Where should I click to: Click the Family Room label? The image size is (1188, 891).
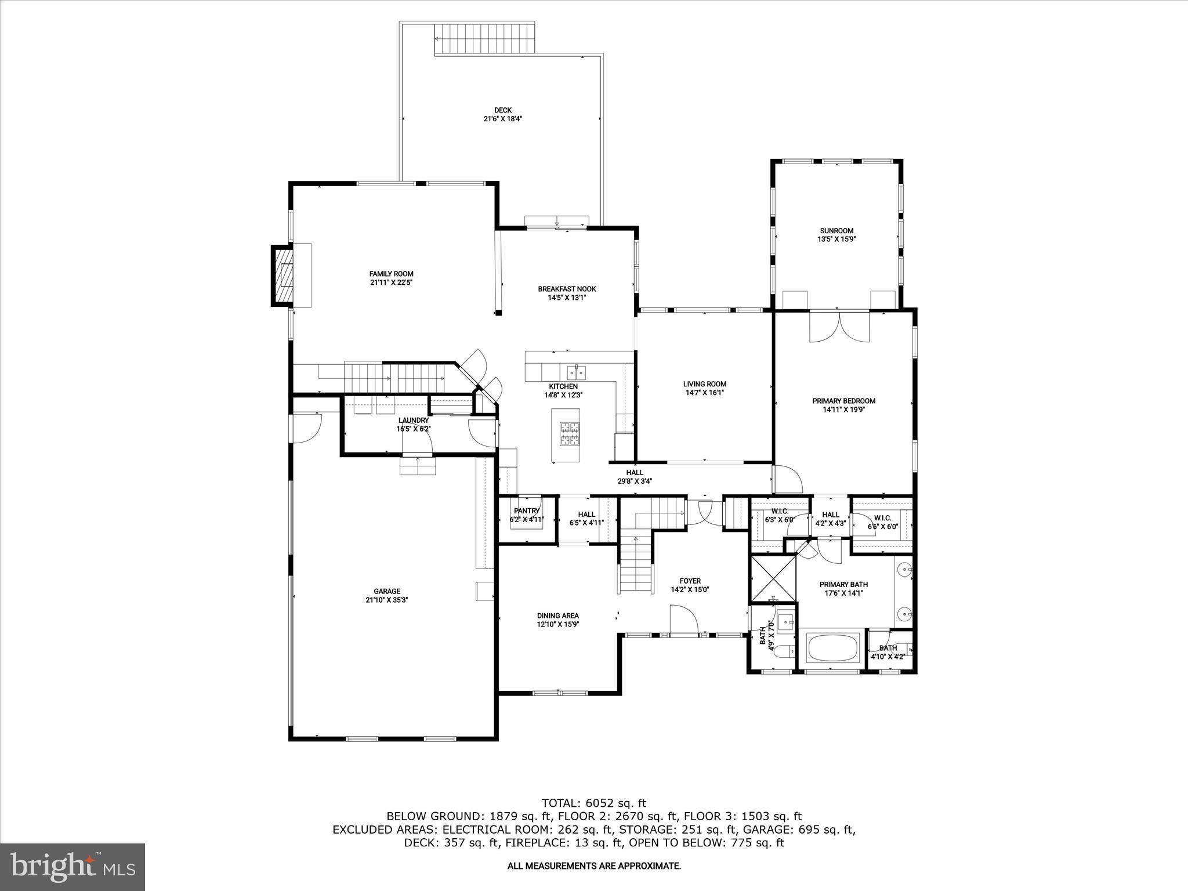[391, 274]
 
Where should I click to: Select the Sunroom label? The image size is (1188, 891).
[836, 230]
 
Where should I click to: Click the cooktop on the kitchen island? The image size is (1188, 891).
[569, 434]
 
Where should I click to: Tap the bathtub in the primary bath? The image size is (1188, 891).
[832, 648]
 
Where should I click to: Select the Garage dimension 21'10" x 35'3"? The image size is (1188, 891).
[387, 600]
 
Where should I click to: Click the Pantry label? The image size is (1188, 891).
[526, 510]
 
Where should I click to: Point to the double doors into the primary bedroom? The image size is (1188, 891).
[839, 328]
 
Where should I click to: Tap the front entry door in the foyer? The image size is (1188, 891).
[683, 621]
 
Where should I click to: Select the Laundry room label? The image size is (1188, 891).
[414, 420]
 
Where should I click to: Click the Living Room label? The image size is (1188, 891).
[704, 383]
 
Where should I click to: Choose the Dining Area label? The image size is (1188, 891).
[557, 615]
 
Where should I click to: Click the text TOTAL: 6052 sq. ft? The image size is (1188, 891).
[593, 803]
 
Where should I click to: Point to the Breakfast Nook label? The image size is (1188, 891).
[566, 289]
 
